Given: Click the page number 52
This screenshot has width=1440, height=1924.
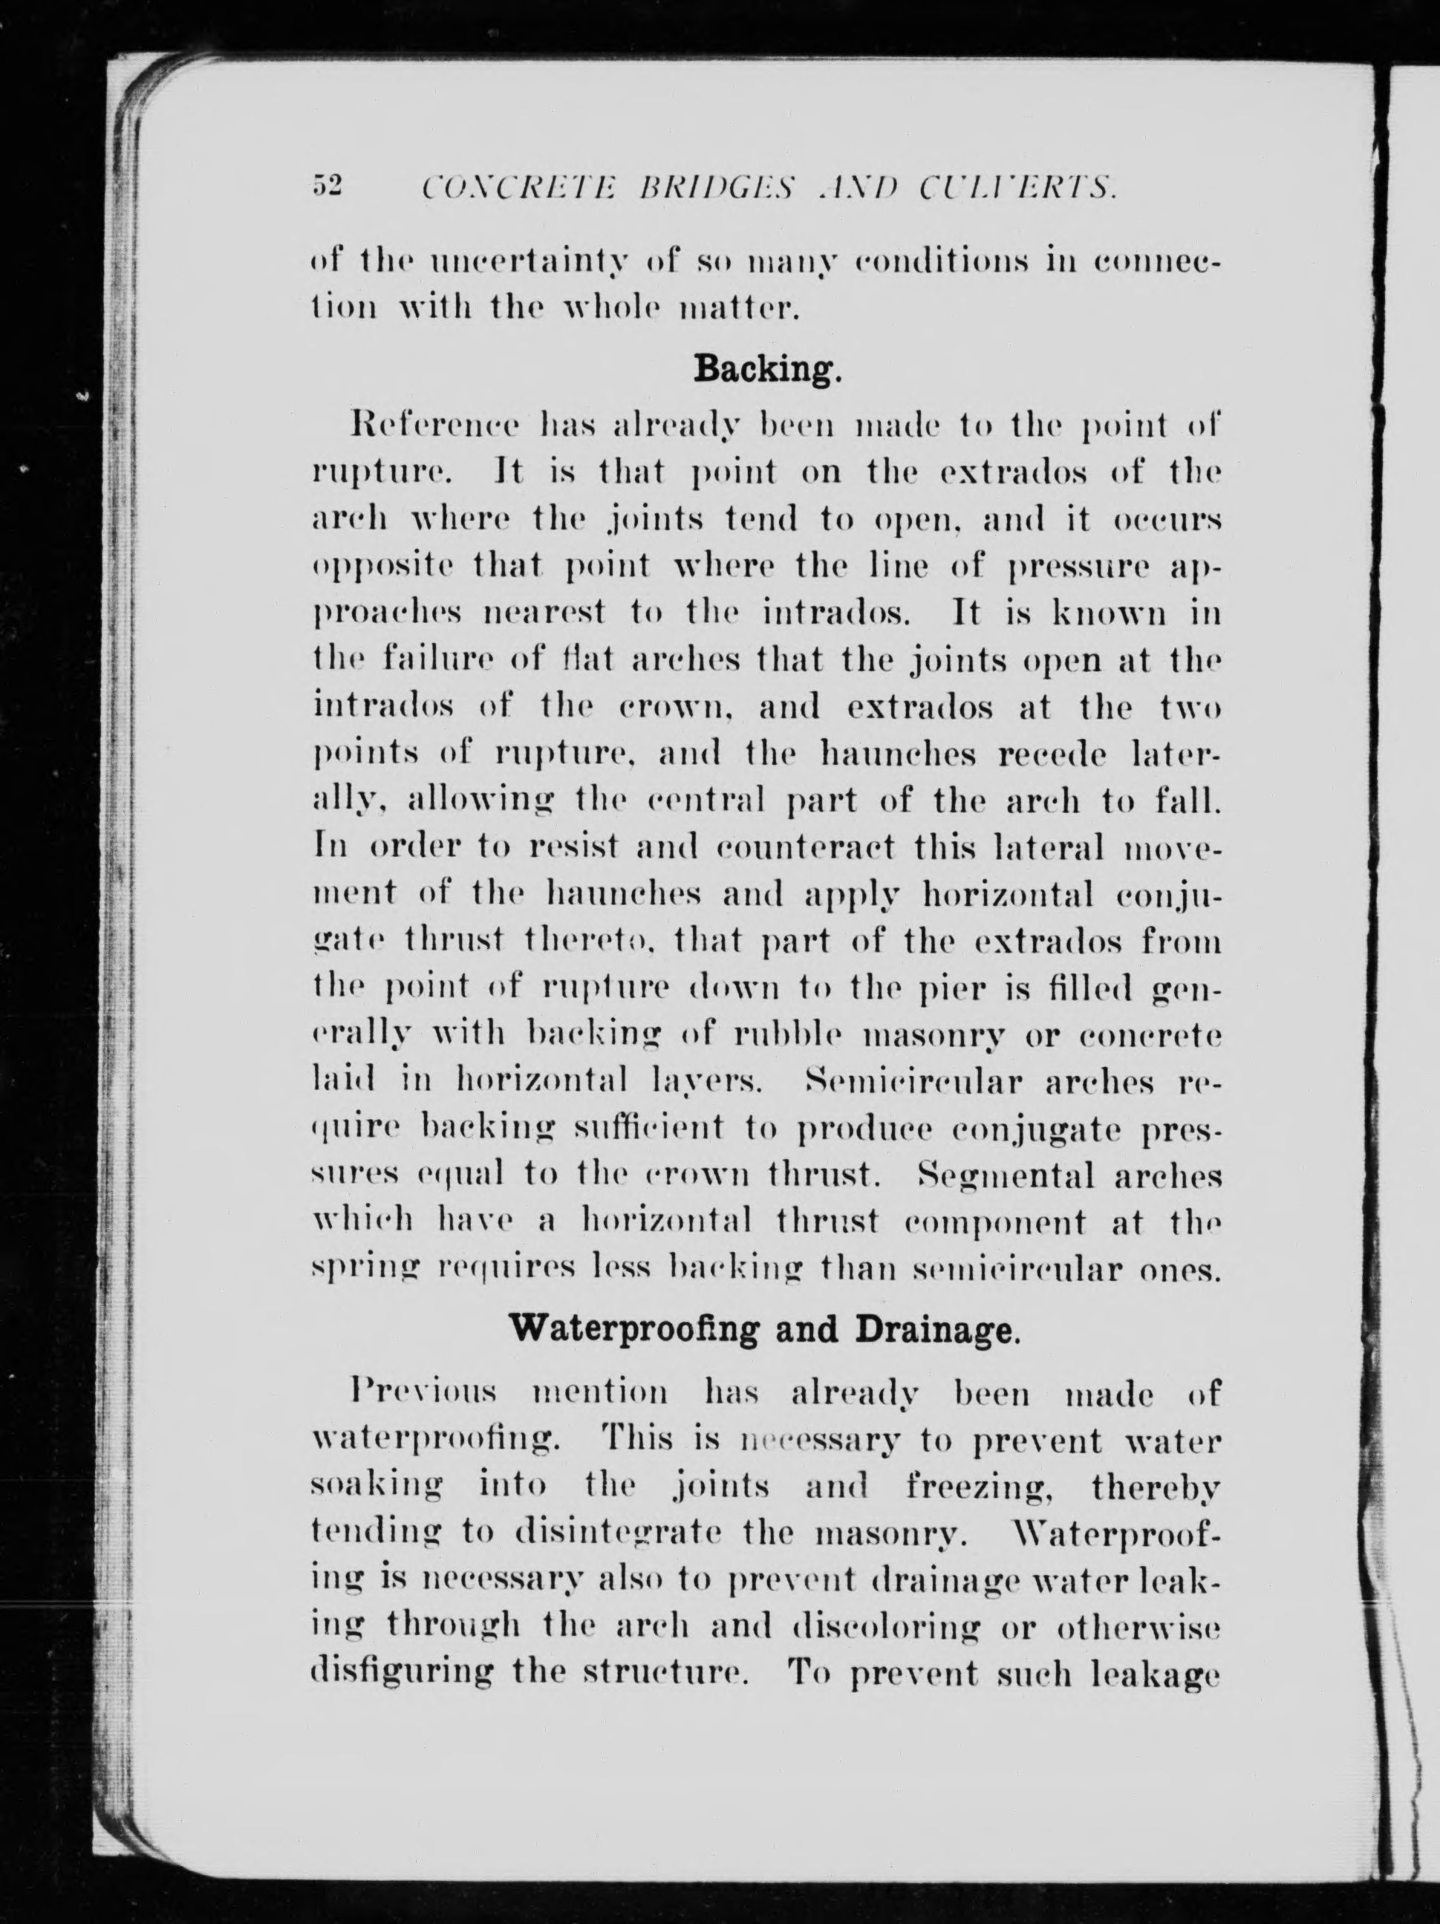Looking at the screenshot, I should pyautogui.click(x=328, y=186).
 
